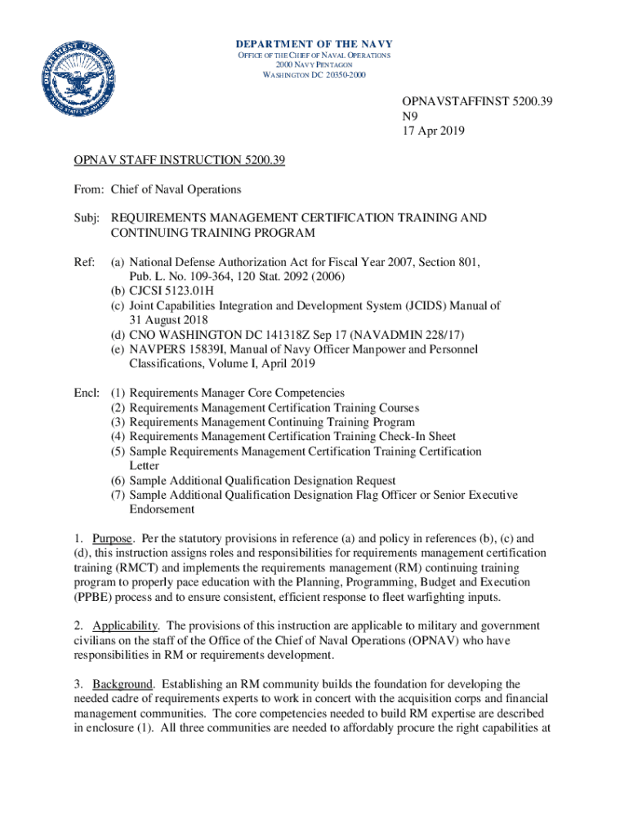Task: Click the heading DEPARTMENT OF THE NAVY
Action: click(x=314, y=44)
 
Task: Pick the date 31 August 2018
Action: click(x=167, y=320)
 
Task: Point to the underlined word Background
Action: click(x=123, y=683)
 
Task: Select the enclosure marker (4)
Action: click(x=118, y=437)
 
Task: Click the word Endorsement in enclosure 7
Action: click(x=162, y=509)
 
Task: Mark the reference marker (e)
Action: click(x=118, y=349)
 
